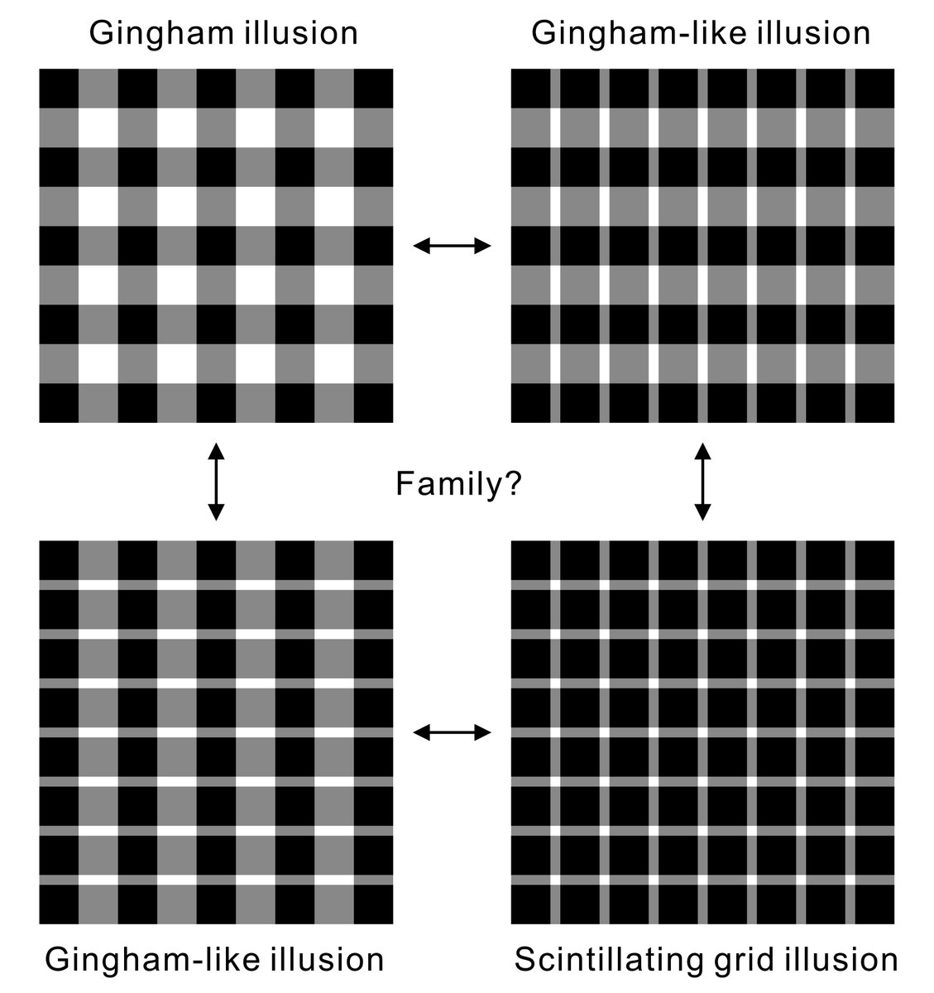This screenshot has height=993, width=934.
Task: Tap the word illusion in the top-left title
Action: [301, 33]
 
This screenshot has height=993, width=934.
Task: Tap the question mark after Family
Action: [510, 483]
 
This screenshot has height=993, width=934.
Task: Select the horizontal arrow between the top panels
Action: [452, 246]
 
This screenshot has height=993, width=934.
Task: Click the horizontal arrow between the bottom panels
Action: [452, 732]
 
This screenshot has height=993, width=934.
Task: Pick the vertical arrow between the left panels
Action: [216, 482]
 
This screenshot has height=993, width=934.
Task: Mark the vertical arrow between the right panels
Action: [702, 482]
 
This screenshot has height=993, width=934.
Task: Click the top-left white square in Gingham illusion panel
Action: [98, 127]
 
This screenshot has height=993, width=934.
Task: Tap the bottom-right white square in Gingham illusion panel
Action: [334, 363]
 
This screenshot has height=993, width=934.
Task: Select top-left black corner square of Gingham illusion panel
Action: [59, 89]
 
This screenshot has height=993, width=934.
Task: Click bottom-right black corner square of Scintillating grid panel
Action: [874, 904]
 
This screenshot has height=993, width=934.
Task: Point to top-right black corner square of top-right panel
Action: [874, 89]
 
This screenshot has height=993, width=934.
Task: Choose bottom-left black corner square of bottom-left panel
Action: [59, 904]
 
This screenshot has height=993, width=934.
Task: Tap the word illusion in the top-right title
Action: [813, 33]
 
